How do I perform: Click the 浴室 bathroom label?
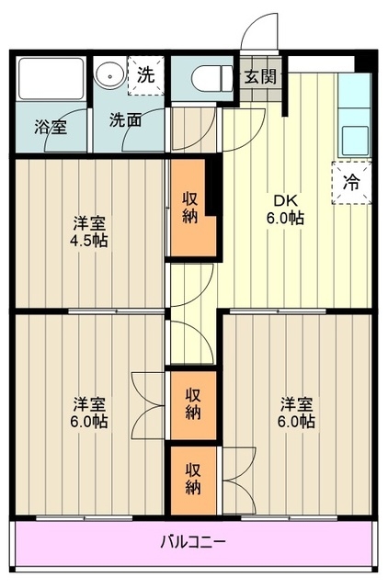tap(51, 128)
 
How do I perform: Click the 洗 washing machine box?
tap(146, 76)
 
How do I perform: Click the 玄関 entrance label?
tap(258, 76)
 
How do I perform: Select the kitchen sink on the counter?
tap(355, 141)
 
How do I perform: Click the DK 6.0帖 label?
tap(286, 209)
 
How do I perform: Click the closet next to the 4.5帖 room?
tap(190, 207)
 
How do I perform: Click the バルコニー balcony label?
tap(194, 541)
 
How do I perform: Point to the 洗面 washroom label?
tap(125, 119)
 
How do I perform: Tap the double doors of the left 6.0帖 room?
tap(147, 404)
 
